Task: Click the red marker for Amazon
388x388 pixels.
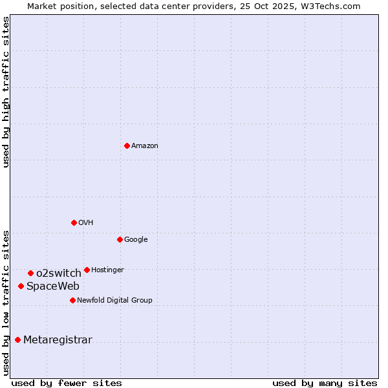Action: click(127, 145)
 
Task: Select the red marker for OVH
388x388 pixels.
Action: click(74, 222)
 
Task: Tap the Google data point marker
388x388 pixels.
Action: click(120, 239)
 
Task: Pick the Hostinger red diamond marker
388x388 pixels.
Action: click(87, 270)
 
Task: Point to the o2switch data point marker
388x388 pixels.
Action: click(30, 273)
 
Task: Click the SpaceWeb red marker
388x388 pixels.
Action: click(21, 286)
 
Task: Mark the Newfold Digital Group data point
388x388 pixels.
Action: click(72, 300)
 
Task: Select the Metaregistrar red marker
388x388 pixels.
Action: click(17, 339)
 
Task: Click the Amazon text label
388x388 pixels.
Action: click(145, 146)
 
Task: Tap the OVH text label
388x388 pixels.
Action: click(86, 223)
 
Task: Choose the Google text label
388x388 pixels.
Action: click(136, 240)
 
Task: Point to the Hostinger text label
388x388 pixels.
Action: click(107, 270)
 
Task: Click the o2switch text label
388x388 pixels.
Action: click(59, 274)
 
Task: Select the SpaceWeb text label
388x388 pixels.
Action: click(53, 286)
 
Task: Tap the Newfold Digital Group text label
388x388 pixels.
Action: click(114, 301)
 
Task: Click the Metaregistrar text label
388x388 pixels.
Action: click(58, 340)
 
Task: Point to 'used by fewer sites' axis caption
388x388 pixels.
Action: click(67, 383)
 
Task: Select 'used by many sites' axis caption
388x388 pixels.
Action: click(325, 383)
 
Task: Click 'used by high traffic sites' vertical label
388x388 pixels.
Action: click(6, 92)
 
